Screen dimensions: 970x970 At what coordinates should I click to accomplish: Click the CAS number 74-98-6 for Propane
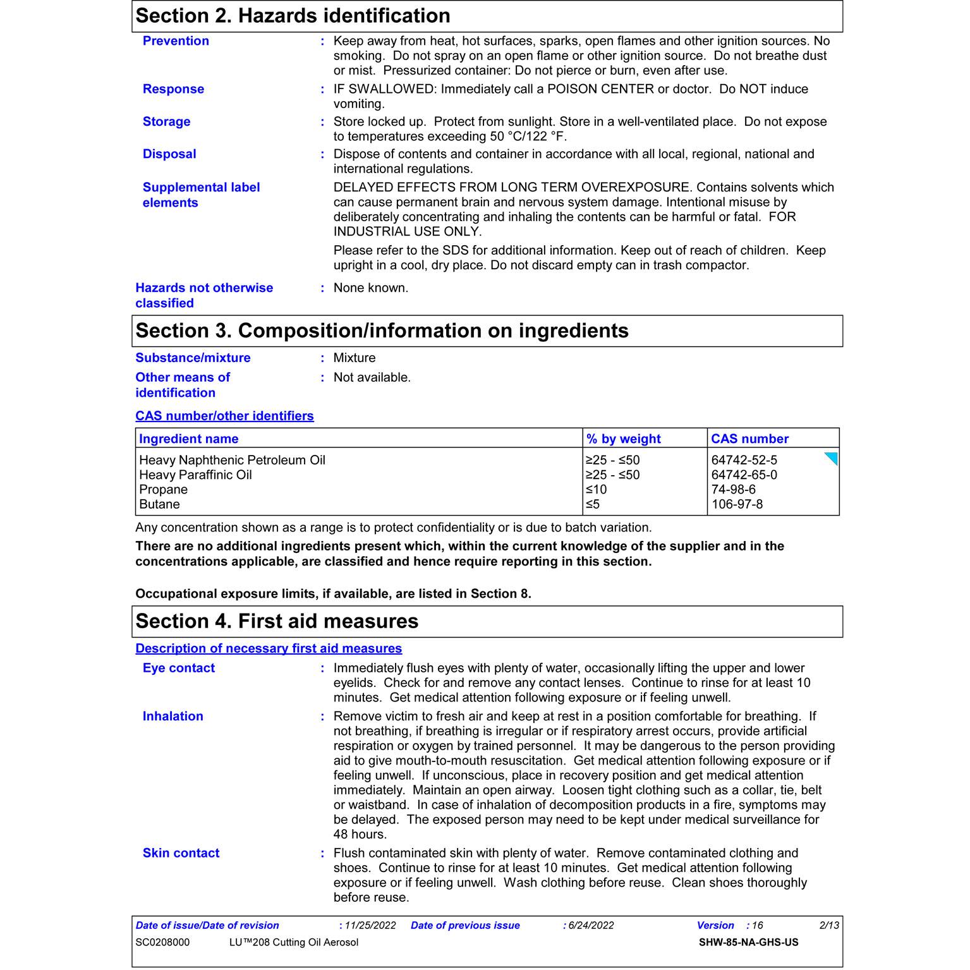coord(733,490)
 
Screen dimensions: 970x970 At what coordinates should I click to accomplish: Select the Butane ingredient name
coord(159,504)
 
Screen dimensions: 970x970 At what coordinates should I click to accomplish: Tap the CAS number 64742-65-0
coord(744,475)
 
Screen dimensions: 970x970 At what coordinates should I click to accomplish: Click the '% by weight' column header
coord(623,439)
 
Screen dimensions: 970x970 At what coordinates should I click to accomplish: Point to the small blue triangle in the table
coord(832,458)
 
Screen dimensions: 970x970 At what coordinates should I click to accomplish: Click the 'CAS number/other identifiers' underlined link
coord(224,416)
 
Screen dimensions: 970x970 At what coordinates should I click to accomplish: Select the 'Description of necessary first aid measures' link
coord(269,648)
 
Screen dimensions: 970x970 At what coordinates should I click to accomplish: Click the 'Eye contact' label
coord(178,668)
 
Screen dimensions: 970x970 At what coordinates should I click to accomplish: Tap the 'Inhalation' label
coord(173,716)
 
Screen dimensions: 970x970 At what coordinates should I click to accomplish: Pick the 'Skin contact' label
coord(181,853)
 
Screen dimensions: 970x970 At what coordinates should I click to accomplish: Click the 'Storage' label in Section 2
coord(166,121)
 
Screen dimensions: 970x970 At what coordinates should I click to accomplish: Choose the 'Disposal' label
coord(169,154)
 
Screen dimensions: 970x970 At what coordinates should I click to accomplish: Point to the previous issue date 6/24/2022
coord(591,925)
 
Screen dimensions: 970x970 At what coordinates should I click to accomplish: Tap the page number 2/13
coord(829,925)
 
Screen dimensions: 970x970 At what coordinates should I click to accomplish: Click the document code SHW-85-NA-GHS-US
coord(748,942)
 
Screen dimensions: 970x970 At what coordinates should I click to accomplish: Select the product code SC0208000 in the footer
coord(162,942)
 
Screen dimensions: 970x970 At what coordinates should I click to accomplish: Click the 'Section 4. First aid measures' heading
coord(277,621)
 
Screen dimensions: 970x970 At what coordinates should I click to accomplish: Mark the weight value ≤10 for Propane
coord(596,490)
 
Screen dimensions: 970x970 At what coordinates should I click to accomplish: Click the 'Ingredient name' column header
coord(188,439)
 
